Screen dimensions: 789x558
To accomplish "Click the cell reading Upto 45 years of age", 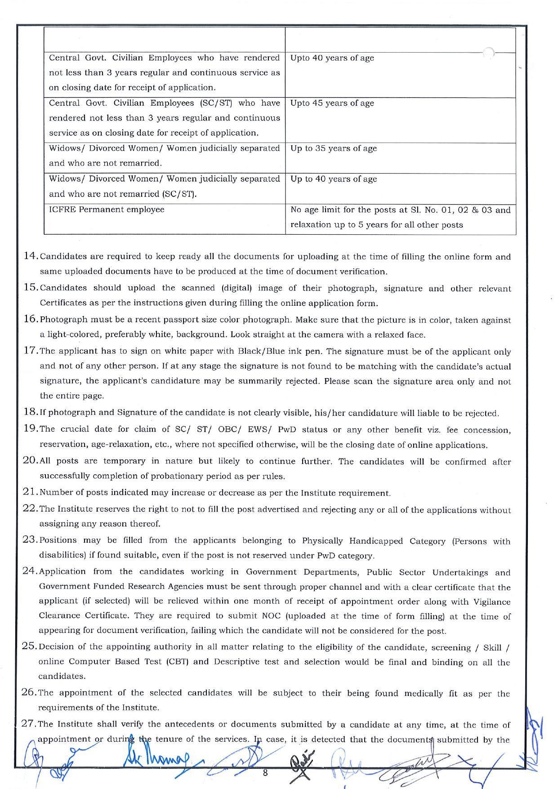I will click(400, 120).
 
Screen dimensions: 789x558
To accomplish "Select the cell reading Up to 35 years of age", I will click(400, 158).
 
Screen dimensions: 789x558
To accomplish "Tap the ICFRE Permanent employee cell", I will click(165, 219).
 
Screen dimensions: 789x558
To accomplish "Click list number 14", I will click(31, 256).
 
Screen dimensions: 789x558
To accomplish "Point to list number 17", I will click(31, 351).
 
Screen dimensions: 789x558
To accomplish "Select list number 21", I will click(30, 492).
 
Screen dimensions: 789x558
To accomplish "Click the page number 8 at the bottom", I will click(265, 772).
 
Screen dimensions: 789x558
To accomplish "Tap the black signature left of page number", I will click(303, 763).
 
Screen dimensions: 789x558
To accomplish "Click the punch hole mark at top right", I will click(489, 53).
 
